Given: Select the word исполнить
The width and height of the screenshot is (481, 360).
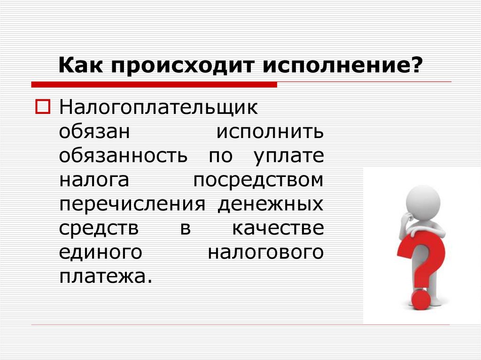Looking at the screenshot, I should pos(270,132).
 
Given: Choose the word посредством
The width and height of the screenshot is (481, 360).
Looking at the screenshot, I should pos(259,181).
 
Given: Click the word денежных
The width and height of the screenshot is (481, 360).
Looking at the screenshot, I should pos(271,205).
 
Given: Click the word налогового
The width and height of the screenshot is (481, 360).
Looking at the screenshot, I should pos(266,253).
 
